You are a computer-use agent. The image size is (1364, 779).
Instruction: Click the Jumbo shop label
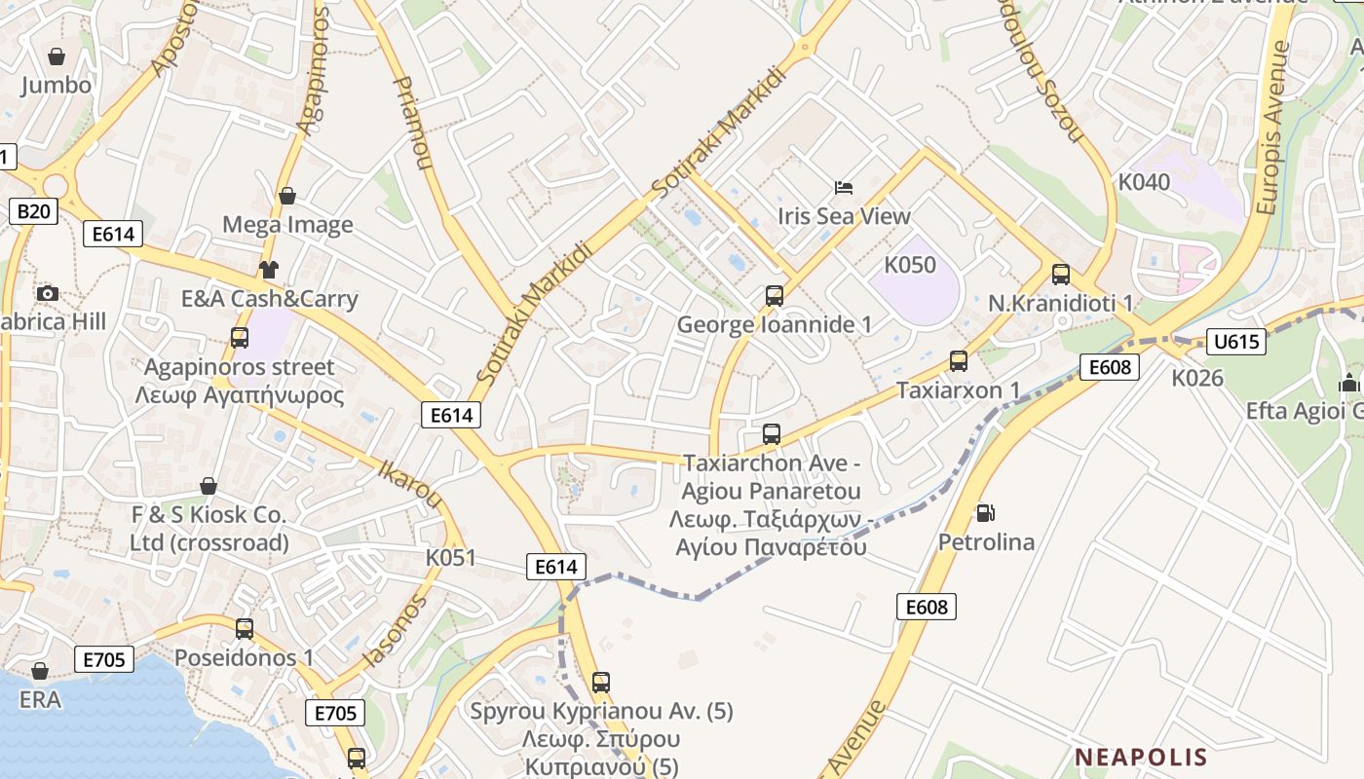(57, 85)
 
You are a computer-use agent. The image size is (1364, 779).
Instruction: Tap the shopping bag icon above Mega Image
(287, 196)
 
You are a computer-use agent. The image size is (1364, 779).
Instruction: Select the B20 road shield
(32, 211)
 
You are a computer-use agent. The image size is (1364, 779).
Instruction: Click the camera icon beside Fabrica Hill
(47, 293)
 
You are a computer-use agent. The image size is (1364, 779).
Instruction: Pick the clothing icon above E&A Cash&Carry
(268, 270)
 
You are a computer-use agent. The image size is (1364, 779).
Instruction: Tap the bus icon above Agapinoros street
(240, 338)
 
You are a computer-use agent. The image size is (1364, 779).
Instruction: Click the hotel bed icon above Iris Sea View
(844, 187)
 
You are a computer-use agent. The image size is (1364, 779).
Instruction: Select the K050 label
(910, 265)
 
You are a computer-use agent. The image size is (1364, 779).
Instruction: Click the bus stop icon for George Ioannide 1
(775, 295)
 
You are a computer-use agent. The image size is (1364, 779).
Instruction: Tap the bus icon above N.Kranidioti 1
(1061, 275)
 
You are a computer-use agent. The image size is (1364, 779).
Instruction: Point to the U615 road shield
(1235, 342)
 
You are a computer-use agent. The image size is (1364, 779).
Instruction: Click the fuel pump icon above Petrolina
(986, 512)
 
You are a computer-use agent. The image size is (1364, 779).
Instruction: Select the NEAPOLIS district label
(1141, 757)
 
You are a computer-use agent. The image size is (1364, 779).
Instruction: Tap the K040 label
(1144, 182)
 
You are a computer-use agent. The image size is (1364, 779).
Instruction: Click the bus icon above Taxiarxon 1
(959, 361)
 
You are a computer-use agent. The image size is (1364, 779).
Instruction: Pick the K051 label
(451, 558)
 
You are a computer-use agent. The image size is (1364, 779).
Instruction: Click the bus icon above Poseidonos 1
(245, 629)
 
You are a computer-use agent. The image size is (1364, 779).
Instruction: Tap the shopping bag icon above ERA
(40, 671)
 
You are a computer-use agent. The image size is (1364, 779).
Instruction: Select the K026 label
(1197, 378)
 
